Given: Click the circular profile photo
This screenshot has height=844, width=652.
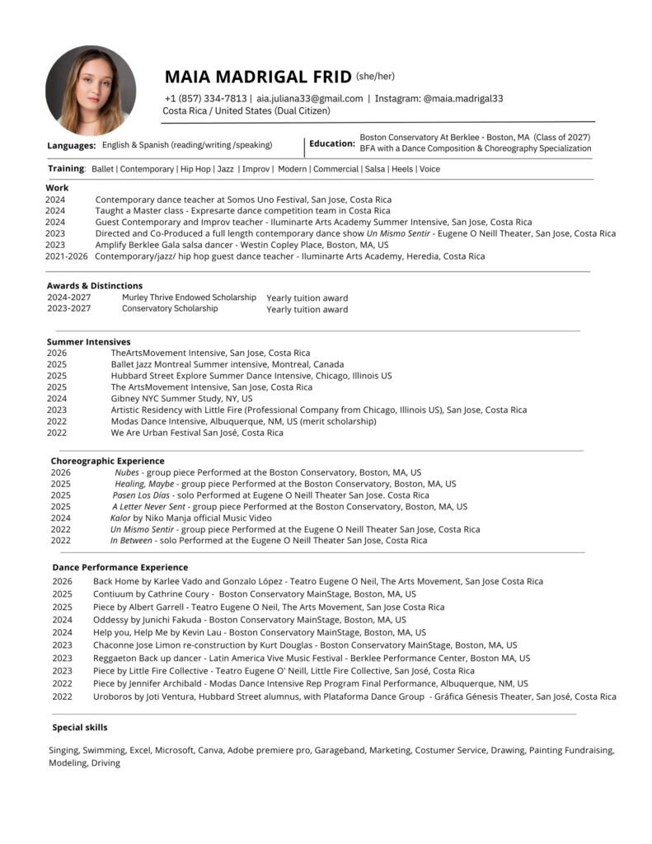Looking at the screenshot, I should click(x=90, y=91).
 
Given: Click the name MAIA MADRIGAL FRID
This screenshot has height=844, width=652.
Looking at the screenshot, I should click(x=258, y=77).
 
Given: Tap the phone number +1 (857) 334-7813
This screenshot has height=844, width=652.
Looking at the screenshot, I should click(x=205, y=98).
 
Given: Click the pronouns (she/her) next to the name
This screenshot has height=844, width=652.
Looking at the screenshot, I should click(x=375, y=77).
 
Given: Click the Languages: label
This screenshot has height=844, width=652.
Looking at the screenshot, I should click(x=72, y=145).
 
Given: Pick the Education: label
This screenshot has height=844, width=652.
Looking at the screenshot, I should click(x=332, y=143).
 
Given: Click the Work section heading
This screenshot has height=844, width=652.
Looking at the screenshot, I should click(x=58, y=188).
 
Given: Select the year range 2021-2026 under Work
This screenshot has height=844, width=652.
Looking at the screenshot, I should click(x=66, y=256).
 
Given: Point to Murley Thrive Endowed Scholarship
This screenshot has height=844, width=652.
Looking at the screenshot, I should click(x=189, y=297).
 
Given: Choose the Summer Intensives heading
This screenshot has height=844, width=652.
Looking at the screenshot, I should click(x=88, y=341).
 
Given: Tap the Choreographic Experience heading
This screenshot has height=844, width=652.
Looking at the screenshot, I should click(x=107, y=461).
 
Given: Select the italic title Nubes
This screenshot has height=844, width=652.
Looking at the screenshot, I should click(x=127, y=472).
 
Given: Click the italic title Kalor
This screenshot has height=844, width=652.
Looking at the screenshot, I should click(x=120, y=518).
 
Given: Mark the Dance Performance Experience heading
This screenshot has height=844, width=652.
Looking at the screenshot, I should click(x=120, y=567).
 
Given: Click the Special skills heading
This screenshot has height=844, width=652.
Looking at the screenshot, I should click(x=79, y=728).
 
